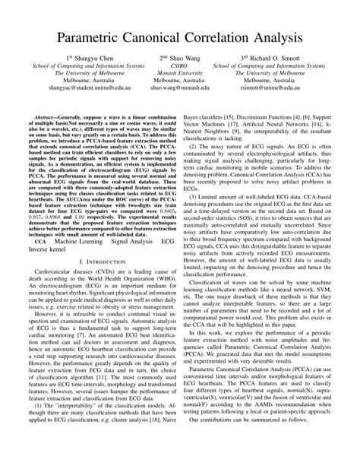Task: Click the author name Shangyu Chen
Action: [x=94, y=78]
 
